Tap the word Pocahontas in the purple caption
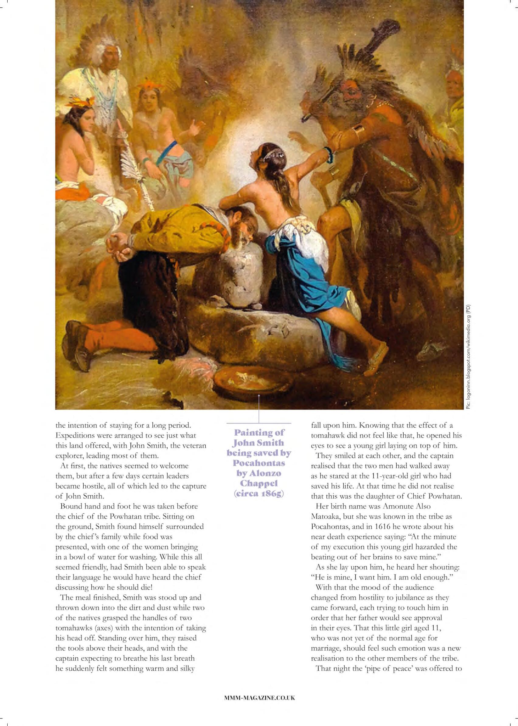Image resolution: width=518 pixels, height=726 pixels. point(259,462)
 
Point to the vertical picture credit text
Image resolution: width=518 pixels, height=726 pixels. point(468,357)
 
